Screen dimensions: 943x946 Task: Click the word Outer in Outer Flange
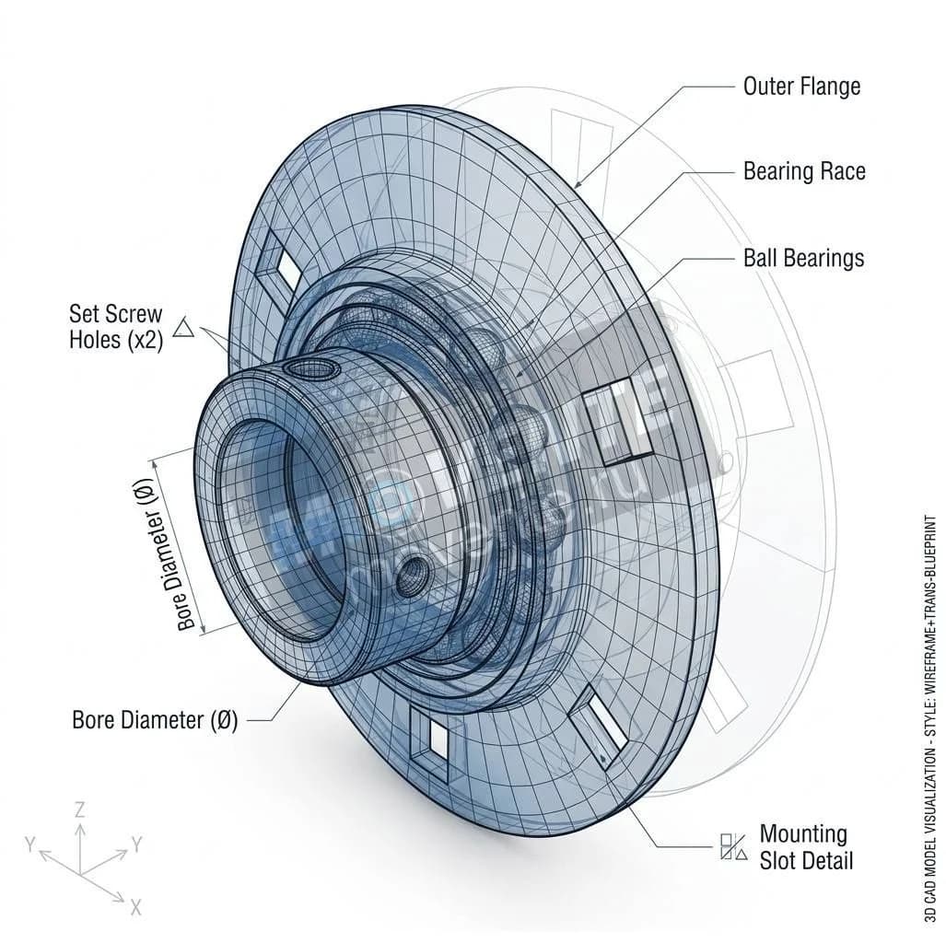tap(769, 87)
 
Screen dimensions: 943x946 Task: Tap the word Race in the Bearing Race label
tap(839, 172)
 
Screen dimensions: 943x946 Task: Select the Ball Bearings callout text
tap(803, 258)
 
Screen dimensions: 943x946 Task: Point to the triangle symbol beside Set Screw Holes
tap(183, 328)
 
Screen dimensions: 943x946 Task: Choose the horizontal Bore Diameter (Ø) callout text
tap(155, 720)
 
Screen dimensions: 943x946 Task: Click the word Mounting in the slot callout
tap(803, 834)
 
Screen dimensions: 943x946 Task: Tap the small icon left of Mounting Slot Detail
tap(733, 847)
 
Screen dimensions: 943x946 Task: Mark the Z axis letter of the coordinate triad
tap(80, 810)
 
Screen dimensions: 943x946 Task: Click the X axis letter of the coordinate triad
tap(135, 908)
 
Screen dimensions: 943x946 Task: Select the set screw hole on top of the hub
tap(310, 368)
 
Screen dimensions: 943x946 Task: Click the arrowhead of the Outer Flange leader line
tap(577, 187)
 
